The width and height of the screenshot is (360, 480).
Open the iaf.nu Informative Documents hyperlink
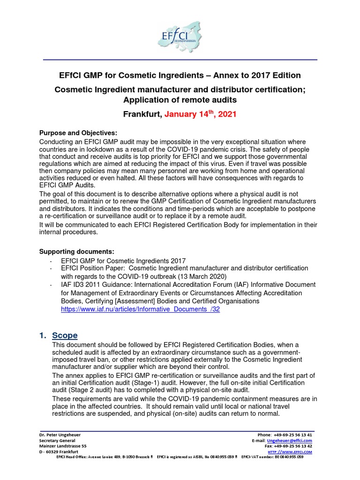[141, 310]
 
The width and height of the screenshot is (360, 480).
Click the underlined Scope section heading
[65, 335]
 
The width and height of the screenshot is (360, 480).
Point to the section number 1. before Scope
[43, 335]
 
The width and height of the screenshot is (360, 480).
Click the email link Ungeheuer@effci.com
[293, 441]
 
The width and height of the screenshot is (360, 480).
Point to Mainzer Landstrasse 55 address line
[63, 446]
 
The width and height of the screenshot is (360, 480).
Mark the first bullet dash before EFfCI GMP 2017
[51, 260]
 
